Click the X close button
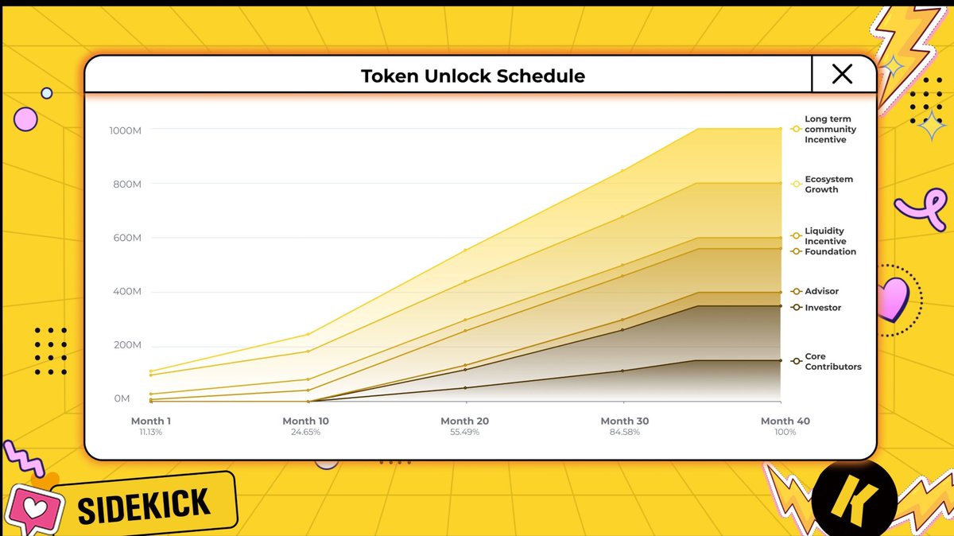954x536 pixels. point(842,74)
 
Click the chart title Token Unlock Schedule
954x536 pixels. point(473,76)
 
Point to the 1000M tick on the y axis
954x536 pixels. point(126,130)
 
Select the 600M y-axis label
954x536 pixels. point(127,238)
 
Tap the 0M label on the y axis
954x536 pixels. point(122,398)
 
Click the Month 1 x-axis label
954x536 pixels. point(151,421)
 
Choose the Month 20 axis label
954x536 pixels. point(464,421)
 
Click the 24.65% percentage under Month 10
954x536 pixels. point(305,432)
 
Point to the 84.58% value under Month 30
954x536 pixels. point(624,432)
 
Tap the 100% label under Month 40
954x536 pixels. point(785,432)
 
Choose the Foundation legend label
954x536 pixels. point(830,251)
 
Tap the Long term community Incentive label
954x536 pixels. point(830,129)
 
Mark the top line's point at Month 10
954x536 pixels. point(308,334)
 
